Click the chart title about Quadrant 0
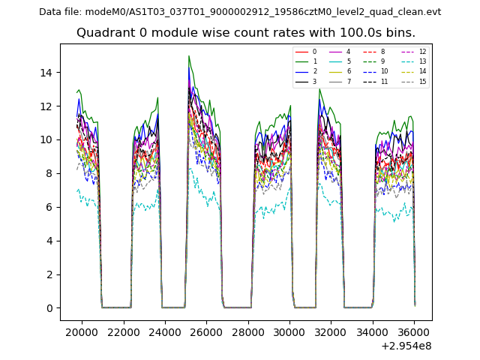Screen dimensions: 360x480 pos(246,33)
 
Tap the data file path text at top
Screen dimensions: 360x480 pos(240,12)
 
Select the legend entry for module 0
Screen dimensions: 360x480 pos(307,52)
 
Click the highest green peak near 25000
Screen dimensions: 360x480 pos(189,56)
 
